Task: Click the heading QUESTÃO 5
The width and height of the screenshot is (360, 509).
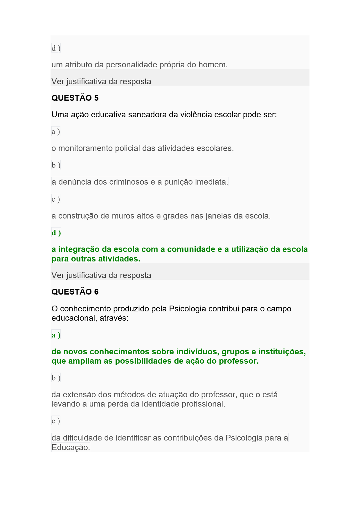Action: (75, 98)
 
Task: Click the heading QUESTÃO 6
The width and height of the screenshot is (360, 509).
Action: (75, 292)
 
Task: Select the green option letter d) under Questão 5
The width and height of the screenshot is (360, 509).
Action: (56, 233)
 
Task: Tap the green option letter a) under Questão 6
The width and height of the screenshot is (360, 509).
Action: (56, 335)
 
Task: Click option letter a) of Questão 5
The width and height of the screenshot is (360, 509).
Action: (56, 132)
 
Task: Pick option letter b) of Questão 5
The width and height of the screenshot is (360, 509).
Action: (56, 165)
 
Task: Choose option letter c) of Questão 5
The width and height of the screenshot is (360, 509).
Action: (56, 199)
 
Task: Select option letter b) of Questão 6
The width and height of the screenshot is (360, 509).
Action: (56, 378)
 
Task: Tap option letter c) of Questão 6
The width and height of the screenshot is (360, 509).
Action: (56, 421)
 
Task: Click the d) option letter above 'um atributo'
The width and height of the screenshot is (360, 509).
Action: (56, 48)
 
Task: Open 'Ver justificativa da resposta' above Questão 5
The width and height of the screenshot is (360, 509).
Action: (101, 82)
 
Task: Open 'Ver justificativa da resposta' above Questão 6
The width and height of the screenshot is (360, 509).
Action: (101, 275)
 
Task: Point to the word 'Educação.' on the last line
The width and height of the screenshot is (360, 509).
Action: (71, 447)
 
